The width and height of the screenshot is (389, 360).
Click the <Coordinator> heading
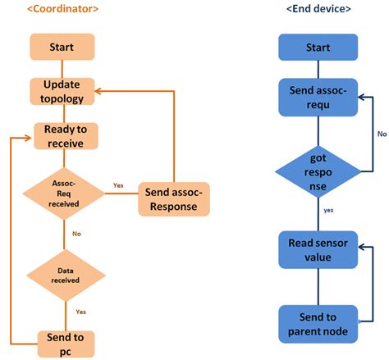click(x=64, y=10)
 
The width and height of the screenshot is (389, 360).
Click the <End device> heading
click(x=318, y=10)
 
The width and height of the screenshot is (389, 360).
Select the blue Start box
click(x=318, y=47)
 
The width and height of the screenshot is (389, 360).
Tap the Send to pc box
click(x=65, y=343)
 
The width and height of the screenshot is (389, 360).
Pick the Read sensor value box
click(x=318, y=249)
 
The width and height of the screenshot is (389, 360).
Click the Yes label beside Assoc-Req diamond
click(x=117, y=185)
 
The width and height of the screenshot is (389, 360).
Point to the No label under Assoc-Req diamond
click(x=76, y=234)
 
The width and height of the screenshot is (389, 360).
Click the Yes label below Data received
click(x=80, y=312)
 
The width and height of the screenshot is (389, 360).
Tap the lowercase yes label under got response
click(x=327, y=210)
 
